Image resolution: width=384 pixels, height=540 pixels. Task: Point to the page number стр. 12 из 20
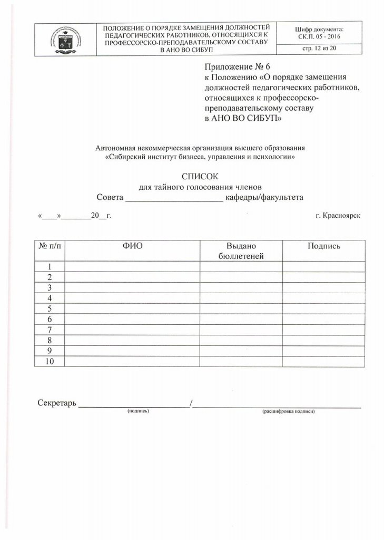pos(320,49)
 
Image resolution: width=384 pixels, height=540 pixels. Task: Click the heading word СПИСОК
pos(200,176)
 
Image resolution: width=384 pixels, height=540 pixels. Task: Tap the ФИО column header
pos(132,246)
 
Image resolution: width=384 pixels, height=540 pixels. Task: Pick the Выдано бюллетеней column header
pos(241,250)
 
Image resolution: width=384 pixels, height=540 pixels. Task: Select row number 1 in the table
pos(49,266)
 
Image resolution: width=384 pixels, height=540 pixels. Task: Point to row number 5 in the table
pos(49,308)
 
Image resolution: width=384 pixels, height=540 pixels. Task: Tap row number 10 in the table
pos(49,361)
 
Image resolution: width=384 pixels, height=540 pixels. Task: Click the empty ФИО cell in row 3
pos(132,287)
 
